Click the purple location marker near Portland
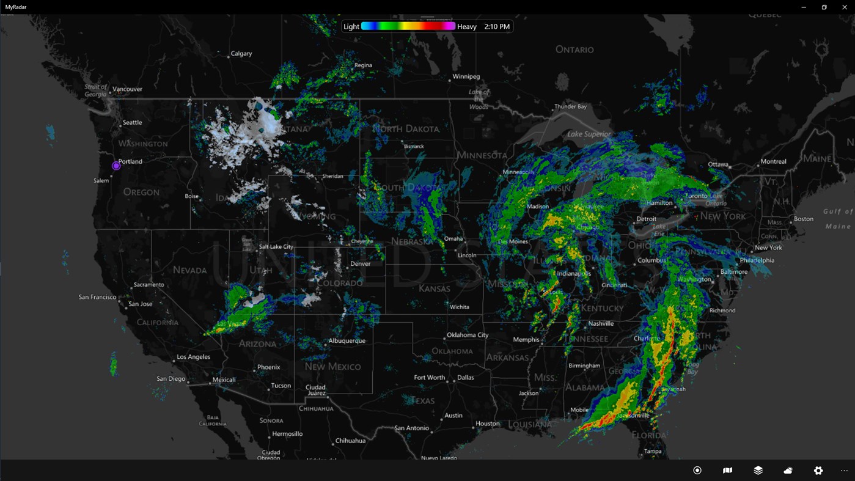tap(116, 166)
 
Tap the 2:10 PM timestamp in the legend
tap(496, 26)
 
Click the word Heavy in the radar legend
tap(467, 26)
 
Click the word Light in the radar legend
tap(351, 26)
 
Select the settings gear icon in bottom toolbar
tap(818, 470)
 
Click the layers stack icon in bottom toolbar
tap(758, 470)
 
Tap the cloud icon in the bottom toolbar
tap(788, 470)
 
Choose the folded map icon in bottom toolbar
tap(727, 470)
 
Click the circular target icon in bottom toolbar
tap(697, 470)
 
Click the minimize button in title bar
tap(804, 7)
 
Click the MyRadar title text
tap(16, 7)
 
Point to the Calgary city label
tap(241, 53)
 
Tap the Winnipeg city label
tap(466, 76)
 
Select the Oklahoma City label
tap(468, 335)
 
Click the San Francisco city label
tap(97, 297)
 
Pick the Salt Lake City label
tap(276, 246)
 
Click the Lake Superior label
tap(589, 134)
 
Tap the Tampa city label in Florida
tap(653, 451)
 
